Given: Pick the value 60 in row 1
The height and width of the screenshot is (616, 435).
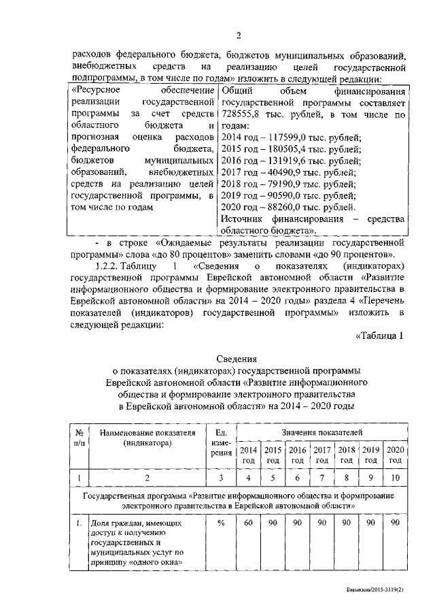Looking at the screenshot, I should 249,522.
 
